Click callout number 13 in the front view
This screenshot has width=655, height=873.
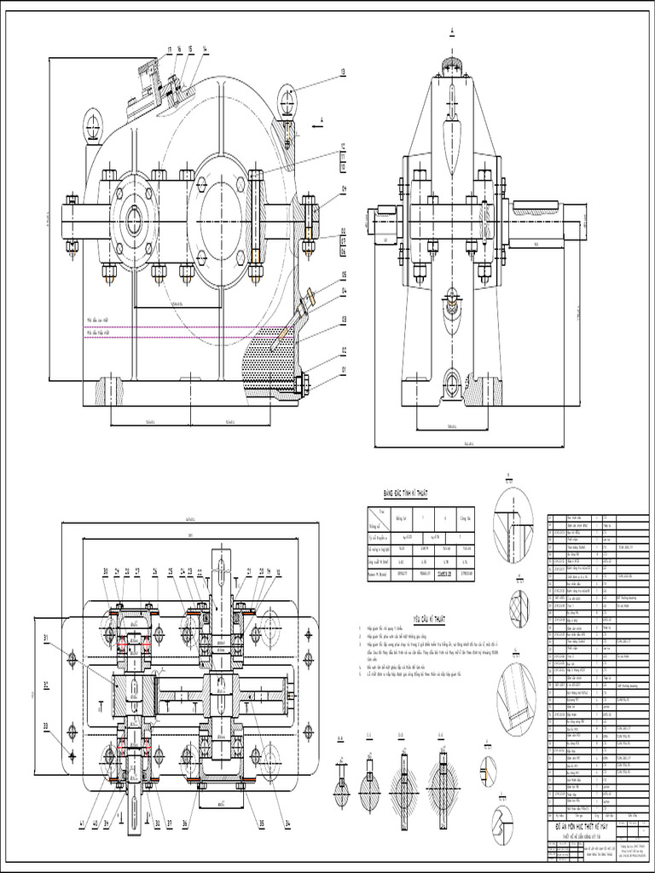tap(343, 72)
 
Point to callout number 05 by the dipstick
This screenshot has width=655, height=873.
tap(343, 275)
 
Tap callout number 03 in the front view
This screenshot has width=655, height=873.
tap(343, 320)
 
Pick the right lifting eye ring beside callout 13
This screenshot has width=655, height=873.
tap(287, 101)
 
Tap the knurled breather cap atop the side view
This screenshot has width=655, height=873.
tap(452, 64)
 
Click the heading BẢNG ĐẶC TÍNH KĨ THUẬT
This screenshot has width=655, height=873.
tap(404, 494)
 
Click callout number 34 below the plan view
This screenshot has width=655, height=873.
tap(289, 823)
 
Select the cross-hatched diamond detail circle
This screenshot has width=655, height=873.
tap(519, 607)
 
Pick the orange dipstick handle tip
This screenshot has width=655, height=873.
tap(310, 296)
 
